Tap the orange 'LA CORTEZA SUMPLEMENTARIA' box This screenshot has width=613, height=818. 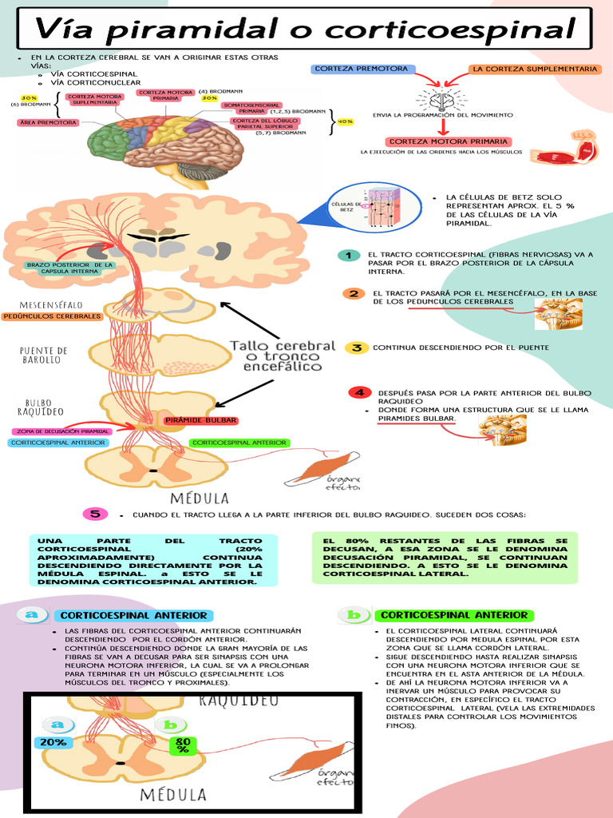tap(534, 69)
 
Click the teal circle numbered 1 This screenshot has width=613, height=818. tap(346, 255)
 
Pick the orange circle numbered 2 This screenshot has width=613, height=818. tap(352, 294)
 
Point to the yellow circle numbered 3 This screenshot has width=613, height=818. tap(356, 347)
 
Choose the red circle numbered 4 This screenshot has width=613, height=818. tap(359, 392)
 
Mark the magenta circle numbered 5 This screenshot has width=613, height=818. tap(95, 514)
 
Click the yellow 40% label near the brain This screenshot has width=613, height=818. tap(346, 121)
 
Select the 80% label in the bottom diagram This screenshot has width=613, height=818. tap(182, 745)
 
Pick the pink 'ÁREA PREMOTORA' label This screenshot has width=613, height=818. tap(48, 122)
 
